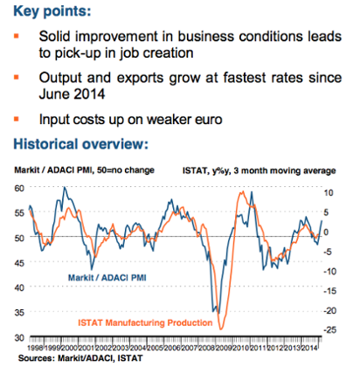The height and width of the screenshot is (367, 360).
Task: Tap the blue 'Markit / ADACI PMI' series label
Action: [110, 279]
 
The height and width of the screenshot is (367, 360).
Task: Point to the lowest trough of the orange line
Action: [222, 329]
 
